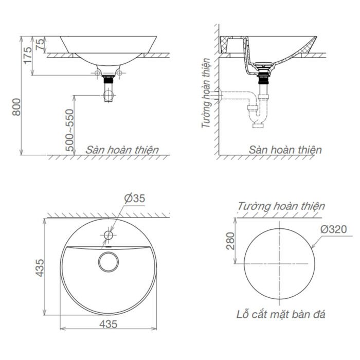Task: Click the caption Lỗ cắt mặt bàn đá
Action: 280,314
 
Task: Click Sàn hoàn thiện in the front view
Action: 122,150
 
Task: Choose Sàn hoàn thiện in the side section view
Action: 285,150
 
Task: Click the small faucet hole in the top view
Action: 109,235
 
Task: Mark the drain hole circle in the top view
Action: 109,260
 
